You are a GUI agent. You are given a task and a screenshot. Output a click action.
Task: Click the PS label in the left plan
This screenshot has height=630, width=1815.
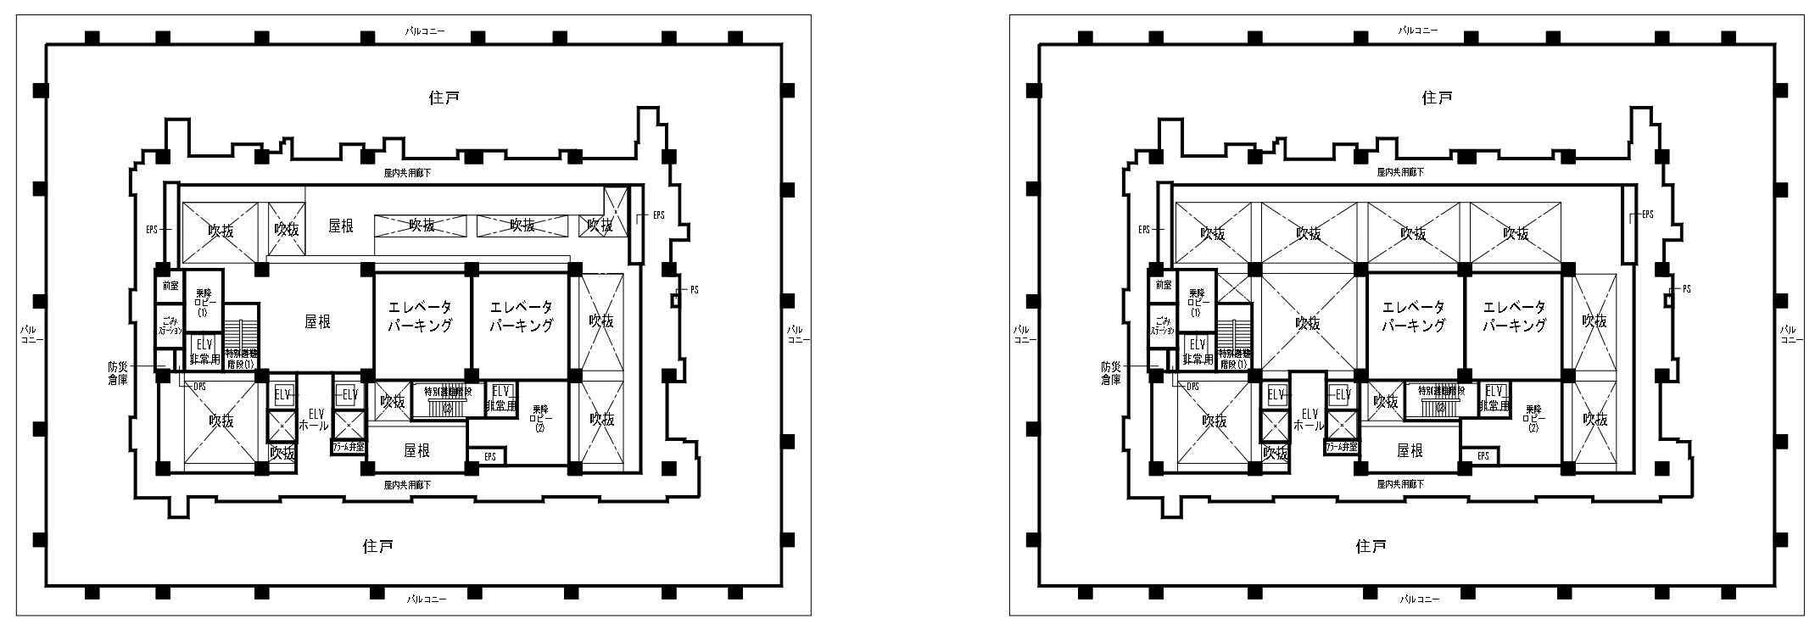coord(694,290)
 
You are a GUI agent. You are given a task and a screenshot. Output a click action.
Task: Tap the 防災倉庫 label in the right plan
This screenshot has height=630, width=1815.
coord(1111,374)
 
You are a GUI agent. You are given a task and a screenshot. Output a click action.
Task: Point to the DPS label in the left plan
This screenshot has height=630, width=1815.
coord(199,387)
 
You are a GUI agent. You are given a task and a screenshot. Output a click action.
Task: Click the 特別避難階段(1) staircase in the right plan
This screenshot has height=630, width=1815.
coord(1233,358)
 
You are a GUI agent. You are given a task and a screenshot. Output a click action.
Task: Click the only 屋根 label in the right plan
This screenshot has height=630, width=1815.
coord(1410,451)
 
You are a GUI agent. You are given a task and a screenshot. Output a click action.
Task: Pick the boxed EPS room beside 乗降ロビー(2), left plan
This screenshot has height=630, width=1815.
coord(489,457)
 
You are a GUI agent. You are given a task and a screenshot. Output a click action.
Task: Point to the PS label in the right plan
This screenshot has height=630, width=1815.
coord(1686,289)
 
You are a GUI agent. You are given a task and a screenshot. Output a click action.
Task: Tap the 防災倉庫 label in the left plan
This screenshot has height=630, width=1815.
coord(117,374)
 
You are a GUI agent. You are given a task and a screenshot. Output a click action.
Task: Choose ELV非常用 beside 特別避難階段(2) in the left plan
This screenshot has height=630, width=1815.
coord(500,399)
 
